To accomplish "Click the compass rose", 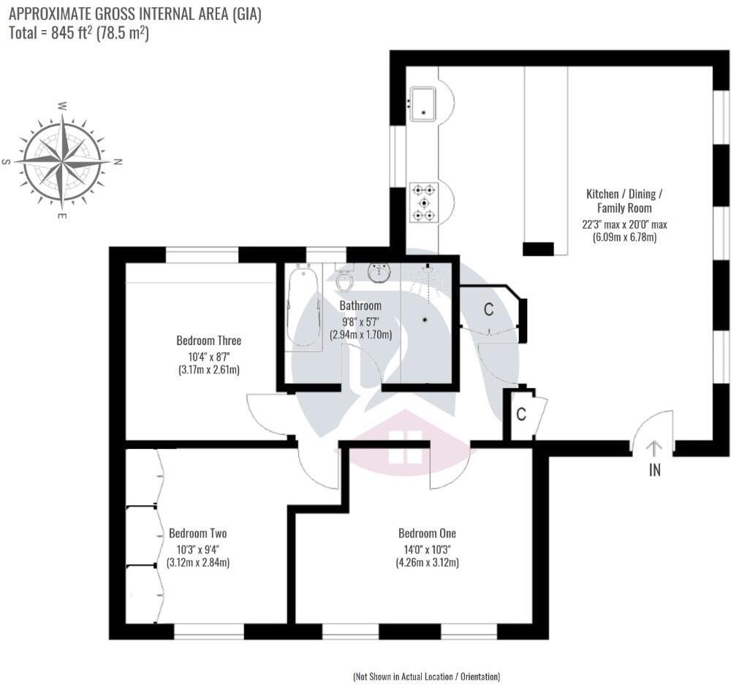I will coord(63,161).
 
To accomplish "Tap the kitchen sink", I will coord(423,103).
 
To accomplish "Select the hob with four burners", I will coord(423,202).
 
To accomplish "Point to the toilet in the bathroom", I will coord(345,281).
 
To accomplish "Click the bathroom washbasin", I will coord(379,273).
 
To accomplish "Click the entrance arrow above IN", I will coord(654,447).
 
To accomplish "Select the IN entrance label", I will coord(654,471).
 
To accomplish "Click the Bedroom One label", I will coord(427,533).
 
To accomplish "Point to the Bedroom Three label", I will coord(208,341).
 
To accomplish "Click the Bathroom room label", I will coord(360,306).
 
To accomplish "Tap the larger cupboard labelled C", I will coord(488,309).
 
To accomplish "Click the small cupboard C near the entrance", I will coord(521,415).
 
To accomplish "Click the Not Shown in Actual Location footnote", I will coord(427,676).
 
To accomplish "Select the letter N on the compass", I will coord(118,162).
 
